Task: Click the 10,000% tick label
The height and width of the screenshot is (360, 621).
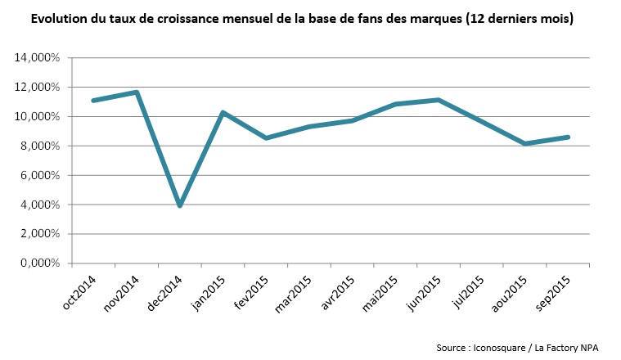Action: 38,116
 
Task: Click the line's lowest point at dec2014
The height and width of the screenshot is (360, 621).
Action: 179,205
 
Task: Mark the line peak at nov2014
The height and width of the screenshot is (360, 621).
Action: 137,92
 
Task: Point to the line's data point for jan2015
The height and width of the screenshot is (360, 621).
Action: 223,112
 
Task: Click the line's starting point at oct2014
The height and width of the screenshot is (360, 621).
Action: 93,101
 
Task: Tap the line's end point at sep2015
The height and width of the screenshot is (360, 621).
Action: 568,137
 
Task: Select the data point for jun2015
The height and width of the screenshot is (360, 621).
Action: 439,100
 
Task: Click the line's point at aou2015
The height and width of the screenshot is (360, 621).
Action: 524,144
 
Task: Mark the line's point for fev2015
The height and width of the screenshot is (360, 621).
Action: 266,138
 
